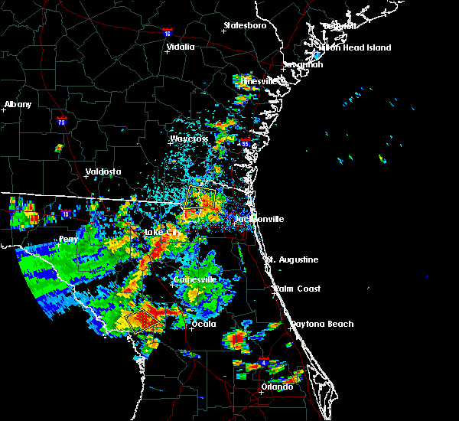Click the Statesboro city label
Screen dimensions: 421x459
pos(245,25)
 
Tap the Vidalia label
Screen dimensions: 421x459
pos(181,47)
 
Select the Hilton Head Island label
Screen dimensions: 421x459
pos(355,47)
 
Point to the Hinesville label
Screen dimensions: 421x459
pos(262,81)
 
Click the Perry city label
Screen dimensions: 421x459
pos(68,239)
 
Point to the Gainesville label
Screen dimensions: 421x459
pos(195,279)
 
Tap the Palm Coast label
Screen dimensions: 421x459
pos(298,289)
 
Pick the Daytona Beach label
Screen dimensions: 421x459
pos(321,324)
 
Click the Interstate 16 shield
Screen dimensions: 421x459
pos(168,34)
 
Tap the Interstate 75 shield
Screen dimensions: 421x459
pos(61,121)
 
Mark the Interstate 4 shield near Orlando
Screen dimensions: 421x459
pos(262,360)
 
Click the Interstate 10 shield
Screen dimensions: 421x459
pos(66,214)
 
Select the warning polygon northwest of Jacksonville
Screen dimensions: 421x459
pos(201,198)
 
